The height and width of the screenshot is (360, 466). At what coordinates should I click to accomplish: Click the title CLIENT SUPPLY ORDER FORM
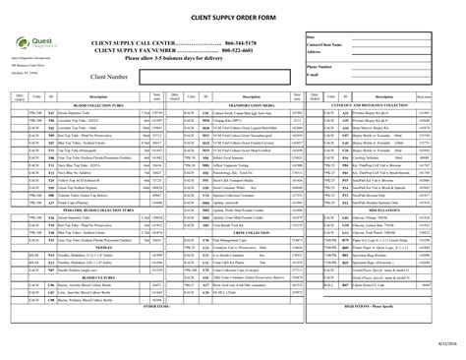coord(233,19)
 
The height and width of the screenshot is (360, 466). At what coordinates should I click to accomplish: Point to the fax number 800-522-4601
coord(243,51)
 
